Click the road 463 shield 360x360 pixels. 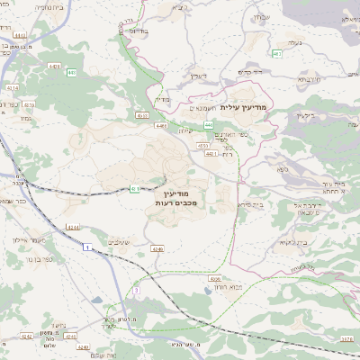pyautogui.click(x=277, y=54)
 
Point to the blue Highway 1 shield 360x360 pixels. pyautogui.click(x=86, y=259)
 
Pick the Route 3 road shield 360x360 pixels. pyautogui.click(x=136, y=291)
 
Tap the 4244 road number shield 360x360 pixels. pyautogui.click(x=73, y=227)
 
